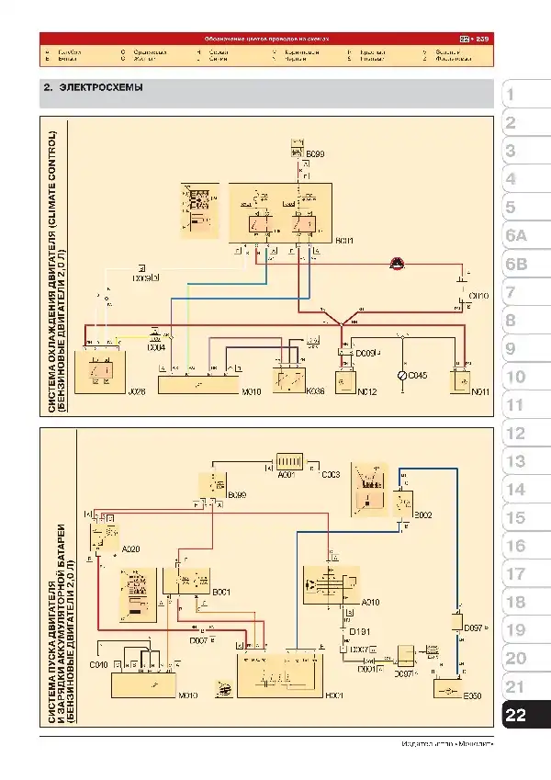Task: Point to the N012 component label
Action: [x=367, y=392]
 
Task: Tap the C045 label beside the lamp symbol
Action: [x=418, y=375]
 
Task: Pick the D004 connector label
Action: [x=156, y=347]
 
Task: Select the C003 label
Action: [x=332, y=474]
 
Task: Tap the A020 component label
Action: [x=130, y=548]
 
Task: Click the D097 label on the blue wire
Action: [x=474, y=627]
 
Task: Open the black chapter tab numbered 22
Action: [x=516, y=716]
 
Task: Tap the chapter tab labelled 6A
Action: [x=516, y=236]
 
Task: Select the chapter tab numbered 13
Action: [x=516, y=462]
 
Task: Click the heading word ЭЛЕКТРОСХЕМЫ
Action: [x=101, y=88]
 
